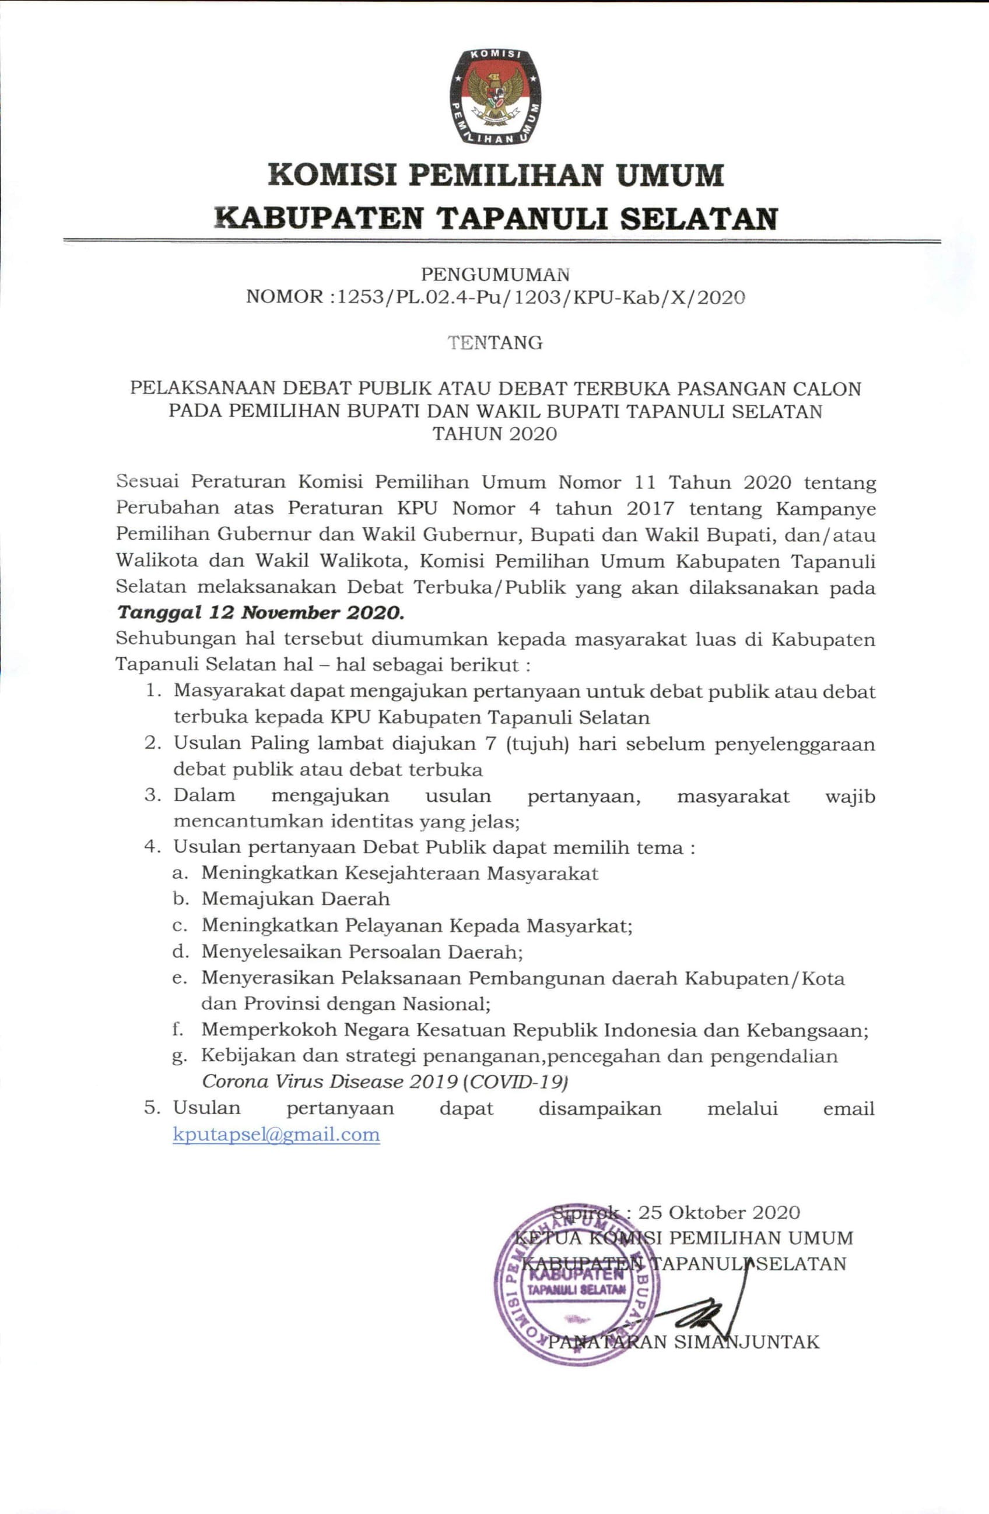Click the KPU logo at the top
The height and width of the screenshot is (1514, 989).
point(495,96)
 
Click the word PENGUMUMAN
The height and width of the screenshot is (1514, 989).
point(495,275)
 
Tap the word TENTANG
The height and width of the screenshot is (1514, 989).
point(495,343)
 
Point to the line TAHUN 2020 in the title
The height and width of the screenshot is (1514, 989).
point(495,434)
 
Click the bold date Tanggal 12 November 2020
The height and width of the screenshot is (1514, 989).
point(260,613)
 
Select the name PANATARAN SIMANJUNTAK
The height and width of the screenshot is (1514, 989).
point(683,1342)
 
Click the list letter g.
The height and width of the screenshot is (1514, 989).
point(179,1057)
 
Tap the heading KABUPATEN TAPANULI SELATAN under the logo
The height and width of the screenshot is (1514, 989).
point(495,218)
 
